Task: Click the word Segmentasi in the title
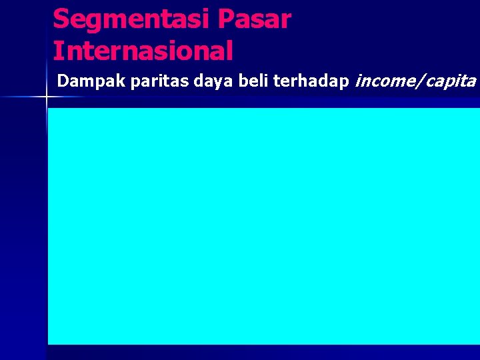tap(131, 19)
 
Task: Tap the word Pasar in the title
tap(255, 19)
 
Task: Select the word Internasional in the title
tap(143, 51)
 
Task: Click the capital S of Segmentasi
tap(61, 19)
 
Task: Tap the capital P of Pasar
tap(227, 19)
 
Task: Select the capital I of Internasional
tap(57, 51)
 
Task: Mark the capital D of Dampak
tap(63, 81)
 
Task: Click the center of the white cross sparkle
tap(47, 97)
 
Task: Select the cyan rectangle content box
tap(263, 225)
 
